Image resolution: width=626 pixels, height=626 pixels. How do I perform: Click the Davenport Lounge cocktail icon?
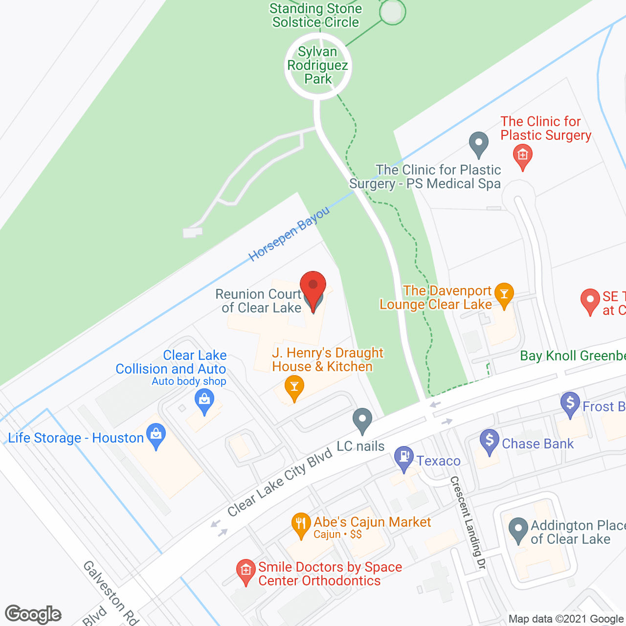pos(504,294)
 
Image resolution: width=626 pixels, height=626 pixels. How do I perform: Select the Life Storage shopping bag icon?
pos(156,435)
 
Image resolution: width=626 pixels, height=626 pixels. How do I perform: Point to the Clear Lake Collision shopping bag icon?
pos(204,401)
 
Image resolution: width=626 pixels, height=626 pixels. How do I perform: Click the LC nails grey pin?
pos(362,419)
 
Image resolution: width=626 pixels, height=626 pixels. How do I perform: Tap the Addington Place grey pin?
pos(518,529)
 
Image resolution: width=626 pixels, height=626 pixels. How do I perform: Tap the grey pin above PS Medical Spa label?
pos(478,143)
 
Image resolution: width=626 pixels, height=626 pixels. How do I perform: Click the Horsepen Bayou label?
pos(289,234)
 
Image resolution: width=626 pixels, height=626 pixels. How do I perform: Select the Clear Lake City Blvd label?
pos(280,483)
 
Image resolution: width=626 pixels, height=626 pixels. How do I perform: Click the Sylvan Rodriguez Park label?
pos(318,66)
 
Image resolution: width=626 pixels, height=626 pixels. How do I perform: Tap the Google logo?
pos(33,614)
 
